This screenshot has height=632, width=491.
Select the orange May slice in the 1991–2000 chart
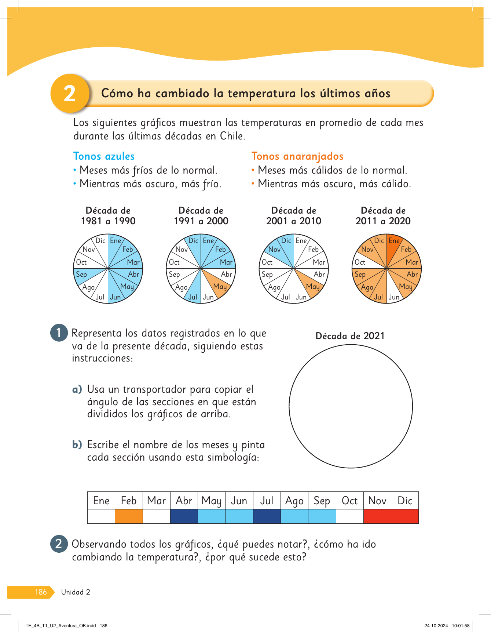(218, 284)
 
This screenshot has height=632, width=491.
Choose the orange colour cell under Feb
(129, 516)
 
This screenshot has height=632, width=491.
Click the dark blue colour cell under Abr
(184, 516)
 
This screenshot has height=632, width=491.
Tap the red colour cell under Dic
(405, 516)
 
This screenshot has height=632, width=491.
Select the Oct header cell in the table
(349, 501)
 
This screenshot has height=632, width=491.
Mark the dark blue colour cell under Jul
(267, 516)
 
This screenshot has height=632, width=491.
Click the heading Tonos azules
(104, 156)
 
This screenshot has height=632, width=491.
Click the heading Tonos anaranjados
(297, 156)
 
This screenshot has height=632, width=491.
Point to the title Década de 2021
(350, 336)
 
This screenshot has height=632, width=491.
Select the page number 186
(41, 592)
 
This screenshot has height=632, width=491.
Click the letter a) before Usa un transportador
(77, 389)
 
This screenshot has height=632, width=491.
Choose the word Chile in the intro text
(232, 136)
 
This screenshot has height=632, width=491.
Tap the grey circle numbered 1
(59, 333)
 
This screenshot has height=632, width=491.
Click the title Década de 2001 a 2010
(294, 216)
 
